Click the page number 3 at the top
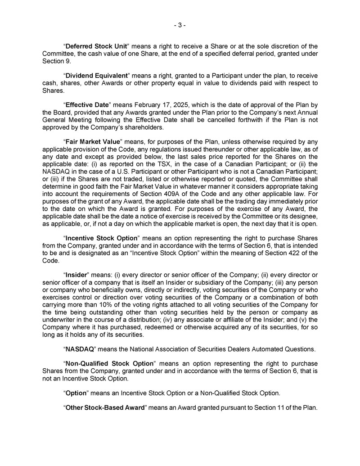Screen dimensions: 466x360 (180, 25)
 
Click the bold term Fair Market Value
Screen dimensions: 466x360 (93, 141)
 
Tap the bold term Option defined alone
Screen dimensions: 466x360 (76, 393)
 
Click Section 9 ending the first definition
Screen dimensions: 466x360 (56, 61)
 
